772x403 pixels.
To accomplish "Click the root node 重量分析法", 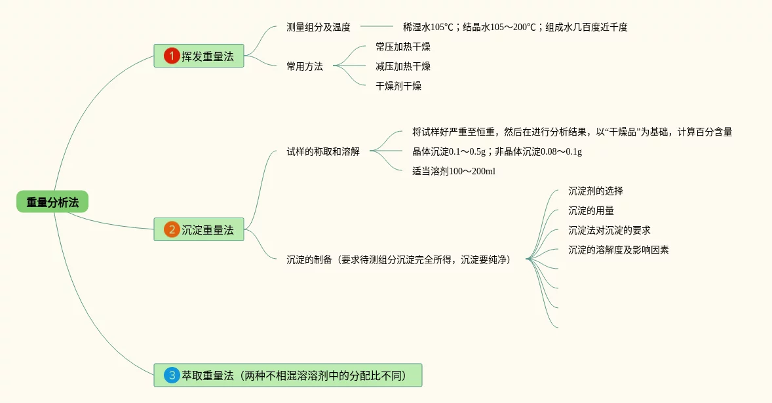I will click(52, 202).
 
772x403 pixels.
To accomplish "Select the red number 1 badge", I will click(172, 56).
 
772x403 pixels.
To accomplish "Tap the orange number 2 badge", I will click(172, 229).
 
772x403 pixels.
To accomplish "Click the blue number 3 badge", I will click(172, 375).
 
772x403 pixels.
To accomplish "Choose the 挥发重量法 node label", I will click(208, 56).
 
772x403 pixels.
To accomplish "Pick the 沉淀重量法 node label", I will click(208, 229).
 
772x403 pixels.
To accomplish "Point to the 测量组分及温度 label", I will click(318, 27).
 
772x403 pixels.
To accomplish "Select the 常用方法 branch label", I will click(305, 66).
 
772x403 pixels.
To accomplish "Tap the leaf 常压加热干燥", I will click(403, 47).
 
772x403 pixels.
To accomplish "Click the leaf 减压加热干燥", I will click(403, 66).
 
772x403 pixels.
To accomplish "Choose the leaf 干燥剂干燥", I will click(398, 86).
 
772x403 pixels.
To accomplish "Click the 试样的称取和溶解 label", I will click(323, 151).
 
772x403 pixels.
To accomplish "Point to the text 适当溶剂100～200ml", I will click(454, 171).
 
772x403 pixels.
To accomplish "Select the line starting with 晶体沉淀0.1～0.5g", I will click(497, 151).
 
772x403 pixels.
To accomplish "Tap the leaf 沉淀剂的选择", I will click(596, 191).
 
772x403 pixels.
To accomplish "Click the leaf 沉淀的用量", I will click(591, 210).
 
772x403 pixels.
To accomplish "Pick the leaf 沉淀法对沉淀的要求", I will click(609, 230).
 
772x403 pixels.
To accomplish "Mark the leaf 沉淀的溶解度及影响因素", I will click(619, 250).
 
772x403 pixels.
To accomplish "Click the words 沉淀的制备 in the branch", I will click(310, 259).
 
